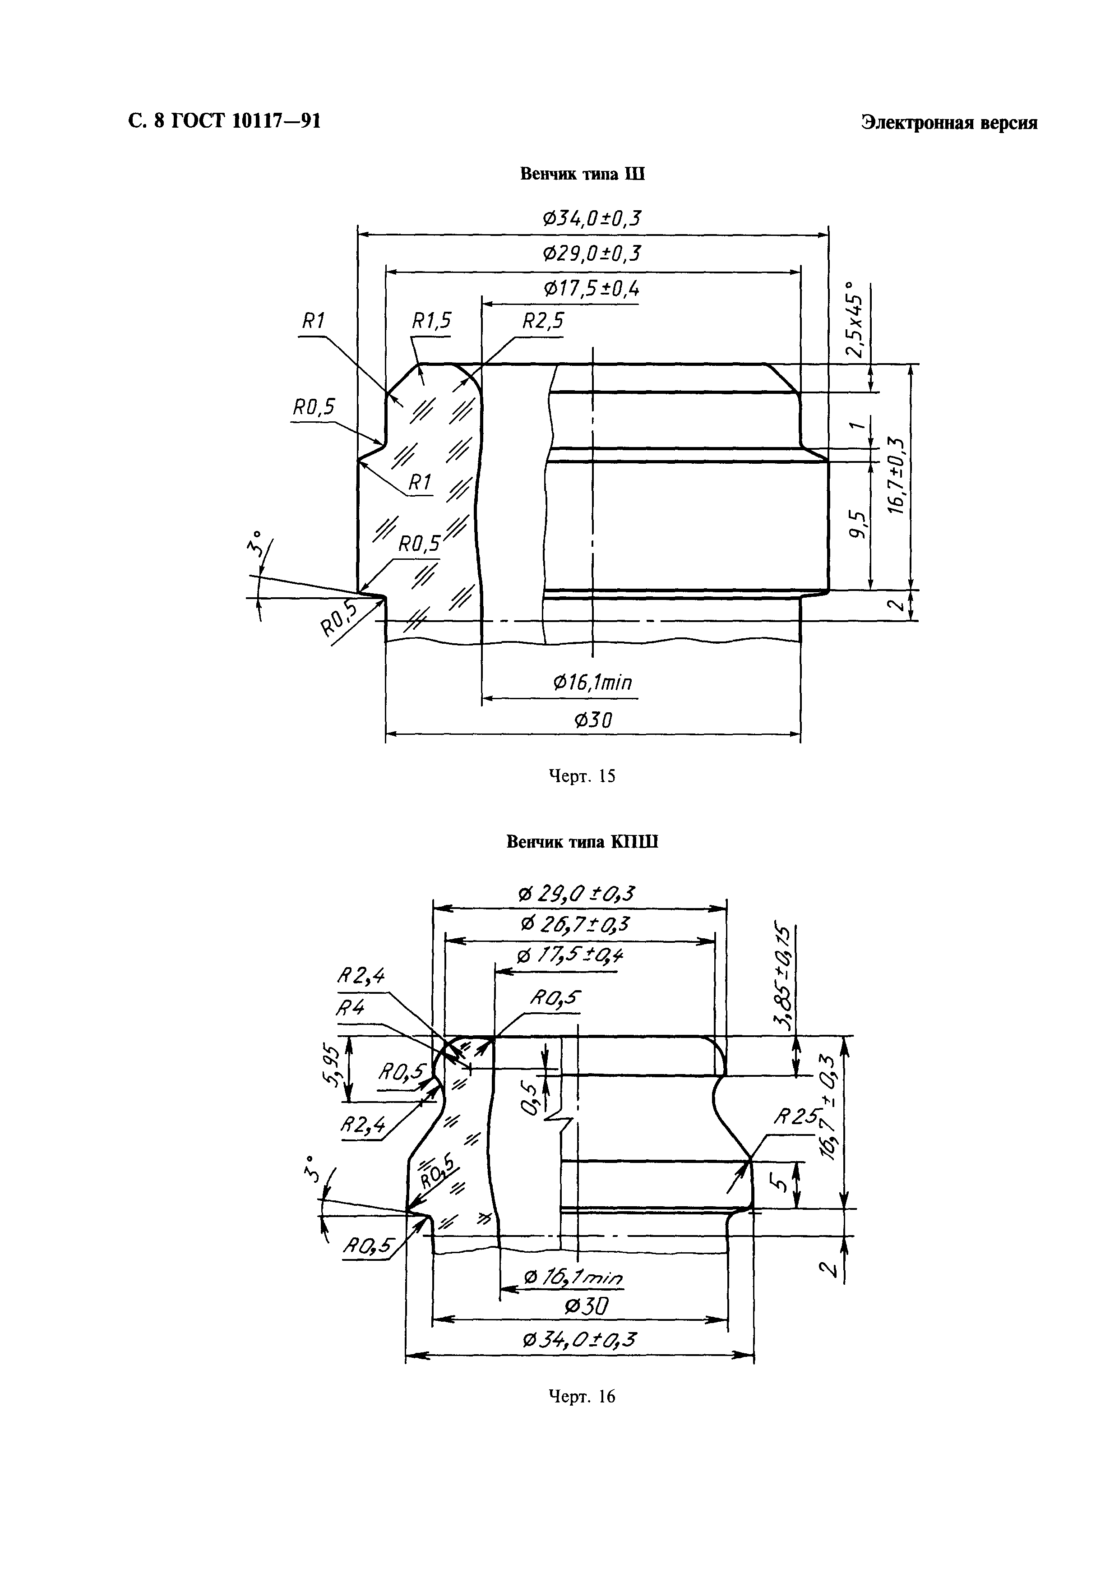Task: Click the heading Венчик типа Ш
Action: click(x=582, y=174)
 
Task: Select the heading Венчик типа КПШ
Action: click(x=582, y=842)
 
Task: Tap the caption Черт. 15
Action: click(x=582, y=776)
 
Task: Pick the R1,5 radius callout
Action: click(x=431, y=321)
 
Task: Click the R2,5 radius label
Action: click(x=543, y=321)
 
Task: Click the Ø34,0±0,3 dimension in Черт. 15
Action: click(x=591, y=219)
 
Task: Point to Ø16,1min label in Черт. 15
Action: click(x=592, y=683)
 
